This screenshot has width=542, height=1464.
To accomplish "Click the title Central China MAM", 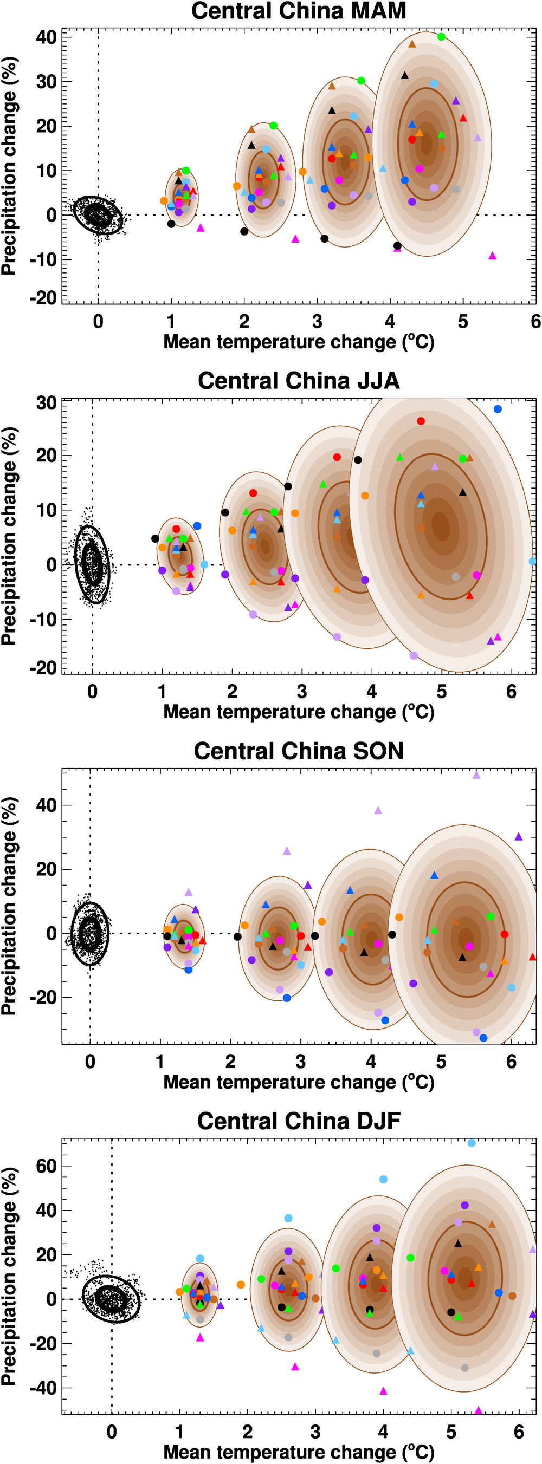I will [299, 11].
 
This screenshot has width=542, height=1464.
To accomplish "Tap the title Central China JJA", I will [299, 381].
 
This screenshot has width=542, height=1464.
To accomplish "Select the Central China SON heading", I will [299, 751].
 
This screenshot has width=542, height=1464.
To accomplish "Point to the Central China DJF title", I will [299, 1121].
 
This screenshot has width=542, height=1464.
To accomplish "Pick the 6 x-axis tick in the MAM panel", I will [535, 322].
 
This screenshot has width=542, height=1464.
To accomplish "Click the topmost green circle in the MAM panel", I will [441, 37].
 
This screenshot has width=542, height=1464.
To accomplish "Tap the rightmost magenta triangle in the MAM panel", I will [493, 256].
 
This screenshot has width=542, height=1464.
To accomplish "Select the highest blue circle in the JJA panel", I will [498, 409].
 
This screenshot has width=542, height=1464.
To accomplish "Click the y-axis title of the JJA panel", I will [9, 536].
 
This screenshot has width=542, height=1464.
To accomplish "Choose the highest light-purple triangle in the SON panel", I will [476, 775].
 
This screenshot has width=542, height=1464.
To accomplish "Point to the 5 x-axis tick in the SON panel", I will [441, 1062].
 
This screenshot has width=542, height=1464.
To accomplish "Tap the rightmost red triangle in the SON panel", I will [532, 957].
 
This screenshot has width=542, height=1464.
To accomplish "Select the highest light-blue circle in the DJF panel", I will [472, 1143].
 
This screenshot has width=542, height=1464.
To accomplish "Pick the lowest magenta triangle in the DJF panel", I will [478, 1410].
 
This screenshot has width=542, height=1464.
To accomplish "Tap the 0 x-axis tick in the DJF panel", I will [112, 1432].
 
